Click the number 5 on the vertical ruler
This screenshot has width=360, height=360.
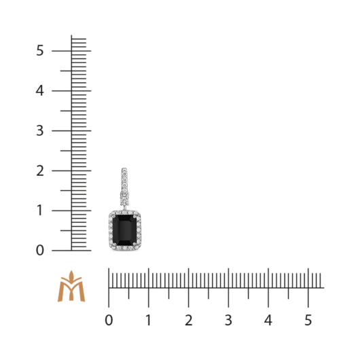pos(39,50)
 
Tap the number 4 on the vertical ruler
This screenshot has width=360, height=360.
pos(39,90)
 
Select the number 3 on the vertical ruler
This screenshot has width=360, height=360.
pos(39,130)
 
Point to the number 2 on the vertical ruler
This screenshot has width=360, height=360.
pos(39,170)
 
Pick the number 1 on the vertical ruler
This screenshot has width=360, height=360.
pos(39,211)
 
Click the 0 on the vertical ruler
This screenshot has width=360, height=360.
pos(39,250)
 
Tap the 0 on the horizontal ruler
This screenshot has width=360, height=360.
pos(109,320)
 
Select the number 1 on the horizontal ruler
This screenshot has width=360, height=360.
pos(149,320)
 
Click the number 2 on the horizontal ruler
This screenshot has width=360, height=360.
pos(189,320)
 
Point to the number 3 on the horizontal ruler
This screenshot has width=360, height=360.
pos(228,320)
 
